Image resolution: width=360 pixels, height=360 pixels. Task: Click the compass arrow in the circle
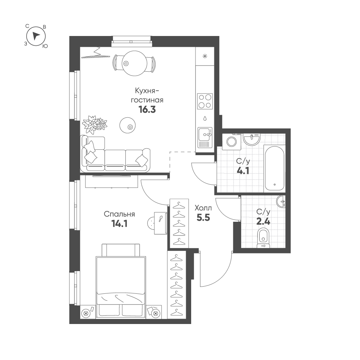(36, 36)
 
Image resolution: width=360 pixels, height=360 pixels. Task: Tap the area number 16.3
(147, 110)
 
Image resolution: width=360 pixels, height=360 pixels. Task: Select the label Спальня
(119, 214)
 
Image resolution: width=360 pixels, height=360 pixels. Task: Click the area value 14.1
(119, 224)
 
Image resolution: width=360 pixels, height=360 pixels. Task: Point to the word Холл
(203, 208)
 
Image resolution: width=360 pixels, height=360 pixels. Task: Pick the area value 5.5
(203, 217)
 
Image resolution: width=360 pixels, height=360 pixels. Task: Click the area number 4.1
(243, 171)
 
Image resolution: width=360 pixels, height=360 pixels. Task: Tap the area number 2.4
(263, 221)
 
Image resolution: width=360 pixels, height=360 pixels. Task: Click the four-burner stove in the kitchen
(205, 101)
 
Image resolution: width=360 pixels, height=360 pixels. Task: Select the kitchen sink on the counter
(205, 138)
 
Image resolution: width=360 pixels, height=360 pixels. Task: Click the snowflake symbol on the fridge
(204, 56)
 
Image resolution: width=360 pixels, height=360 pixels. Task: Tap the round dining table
(134, 63)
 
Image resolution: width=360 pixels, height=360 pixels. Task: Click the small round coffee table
(127, 125)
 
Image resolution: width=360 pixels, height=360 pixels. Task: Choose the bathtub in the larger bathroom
(274, 168)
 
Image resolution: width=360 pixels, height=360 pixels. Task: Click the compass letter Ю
(45, 46)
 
